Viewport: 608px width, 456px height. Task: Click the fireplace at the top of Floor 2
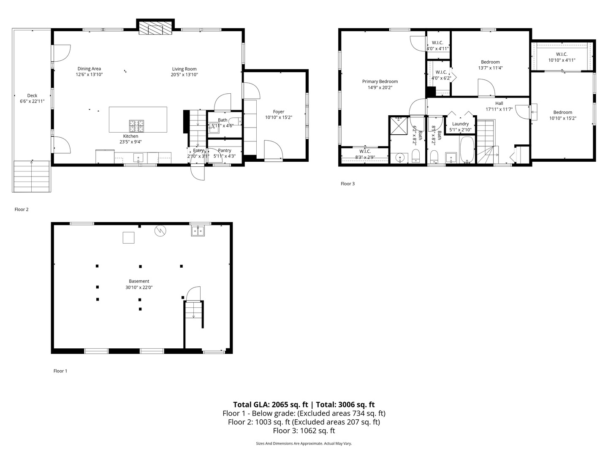(155, 29)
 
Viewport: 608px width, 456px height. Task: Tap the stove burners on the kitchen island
(136, 125)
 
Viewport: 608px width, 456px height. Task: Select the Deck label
(32, 96)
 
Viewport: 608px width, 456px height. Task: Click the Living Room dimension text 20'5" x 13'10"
(185, 75)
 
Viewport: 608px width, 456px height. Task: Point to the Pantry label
(225, 150)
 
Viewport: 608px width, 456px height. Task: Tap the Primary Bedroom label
(380, 81)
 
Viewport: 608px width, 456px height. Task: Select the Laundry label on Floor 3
(460, 124)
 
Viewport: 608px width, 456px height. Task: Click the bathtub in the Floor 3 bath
(467, 149)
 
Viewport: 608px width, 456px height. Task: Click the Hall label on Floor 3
(499, 103)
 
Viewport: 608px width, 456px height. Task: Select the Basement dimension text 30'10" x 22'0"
(139, 288)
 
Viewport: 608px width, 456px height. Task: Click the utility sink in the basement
(198, 231)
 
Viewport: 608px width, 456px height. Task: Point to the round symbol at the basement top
(160, 231)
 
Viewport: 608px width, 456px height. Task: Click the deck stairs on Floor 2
(32, 176)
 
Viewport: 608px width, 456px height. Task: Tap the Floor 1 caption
(60, 371)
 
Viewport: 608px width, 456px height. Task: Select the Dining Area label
(89, 69)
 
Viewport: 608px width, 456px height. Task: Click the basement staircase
(194, 315)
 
